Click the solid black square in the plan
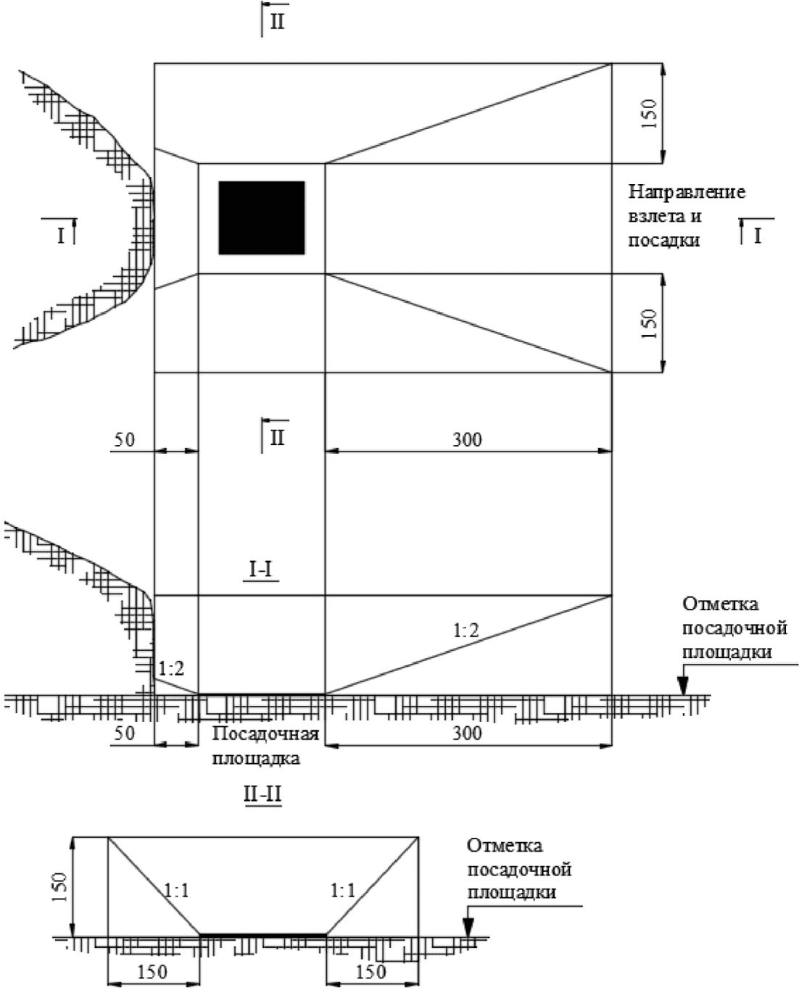point(262,217)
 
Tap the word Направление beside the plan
point(687,192)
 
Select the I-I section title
point(260,570)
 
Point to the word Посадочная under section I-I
point(265,733)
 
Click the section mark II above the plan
point(277,21)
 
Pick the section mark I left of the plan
point(61,236)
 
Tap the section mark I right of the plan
point(757,236)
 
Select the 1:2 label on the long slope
point(466,630)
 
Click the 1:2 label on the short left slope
point(172,668)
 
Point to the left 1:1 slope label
point(177,891)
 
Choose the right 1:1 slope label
point(343,891)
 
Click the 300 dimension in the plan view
point(467,440)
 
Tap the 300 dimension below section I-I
point(467,733)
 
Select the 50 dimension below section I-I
point(124,733)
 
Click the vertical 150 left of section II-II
point(60,887)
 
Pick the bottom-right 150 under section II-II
point(371,972)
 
